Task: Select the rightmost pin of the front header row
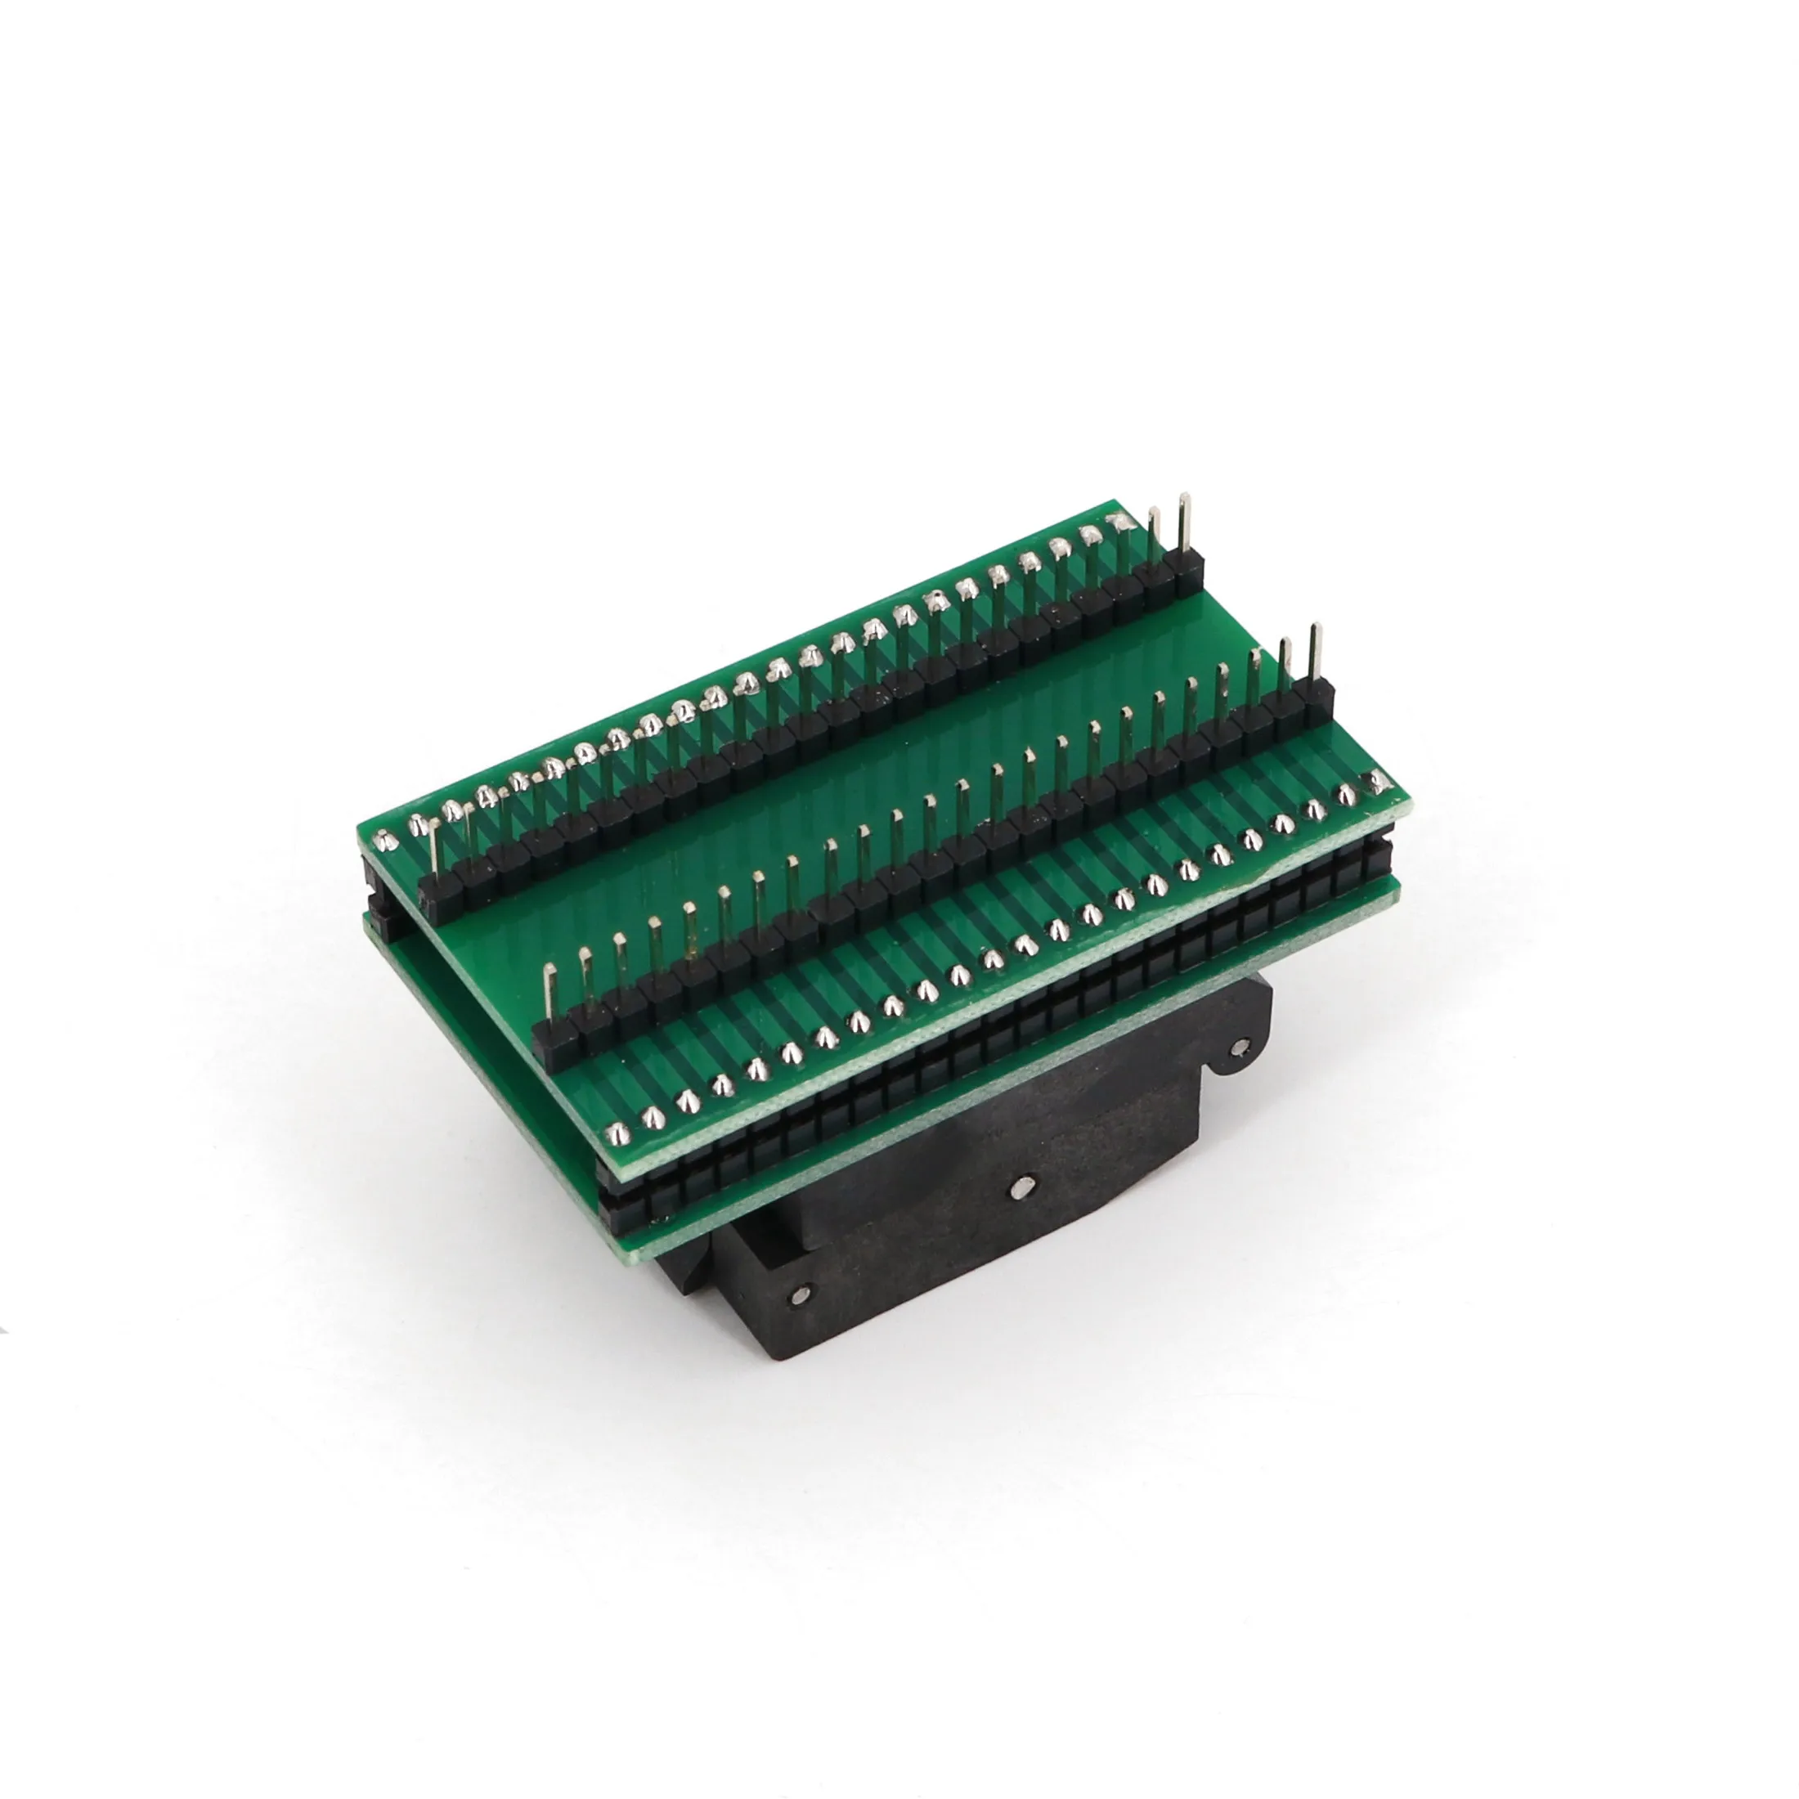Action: tap(1314, 657)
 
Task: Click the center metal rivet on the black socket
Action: tap(1023, 1187)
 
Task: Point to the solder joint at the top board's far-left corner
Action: tap(388, 841)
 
